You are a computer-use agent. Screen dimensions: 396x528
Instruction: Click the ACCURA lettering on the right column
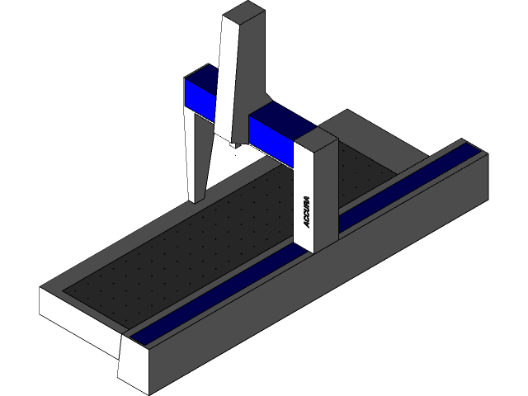[x=306, y=212]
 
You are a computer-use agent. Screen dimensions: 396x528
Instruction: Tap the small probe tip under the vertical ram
[x=235, y=145]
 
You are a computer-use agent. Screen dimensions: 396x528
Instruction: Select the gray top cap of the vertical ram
[x=245, y=12]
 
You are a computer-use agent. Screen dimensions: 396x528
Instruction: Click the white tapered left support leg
[x=198, y=157]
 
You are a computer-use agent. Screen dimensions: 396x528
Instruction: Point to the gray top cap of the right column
[x=317, y=139]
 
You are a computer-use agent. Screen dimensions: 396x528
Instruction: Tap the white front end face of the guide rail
[x=133, y=363]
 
